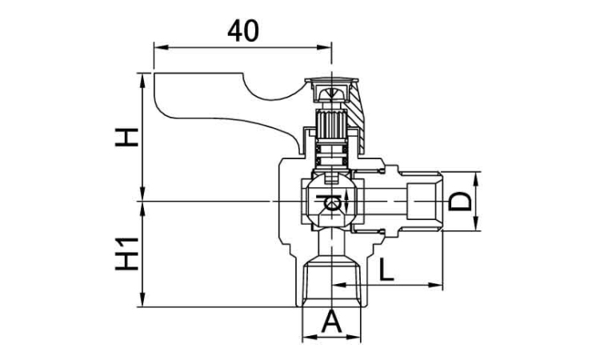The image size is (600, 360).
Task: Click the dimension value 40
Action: click(243, 31)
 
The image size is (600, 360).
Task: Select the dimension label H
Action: click(126, 138)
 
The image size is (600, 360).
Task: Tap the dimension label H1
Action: click(126, 254)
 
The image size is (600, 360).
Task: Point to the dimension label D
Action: click(459, 202)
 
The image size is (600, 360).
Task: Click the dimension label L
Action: click(386, 270)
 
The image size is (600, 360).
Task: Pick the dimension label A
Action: click(331, 322)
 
